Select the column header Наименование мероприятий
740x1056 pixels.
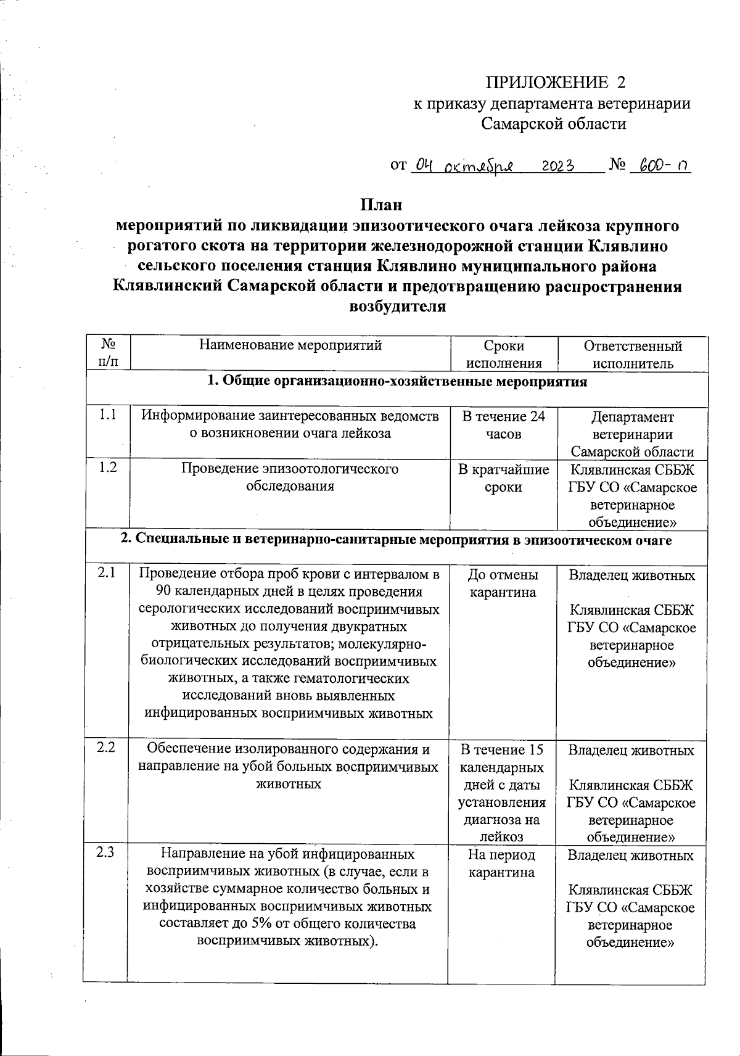click(290, 345)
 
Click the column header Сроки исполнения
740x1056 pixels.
click(504, 354)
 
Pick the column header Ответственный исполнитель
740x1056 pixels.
click(633, 354)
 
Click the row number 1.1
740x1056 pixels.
click(108, 416)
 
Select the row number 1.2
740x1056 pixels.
click(108, 468)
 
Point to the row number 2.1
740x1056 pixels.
click(107, 573)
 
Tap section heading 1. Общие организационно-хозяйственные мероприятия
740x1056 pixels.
click(397, 382)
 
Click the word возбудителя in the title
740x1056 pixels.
click(398, 307)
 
